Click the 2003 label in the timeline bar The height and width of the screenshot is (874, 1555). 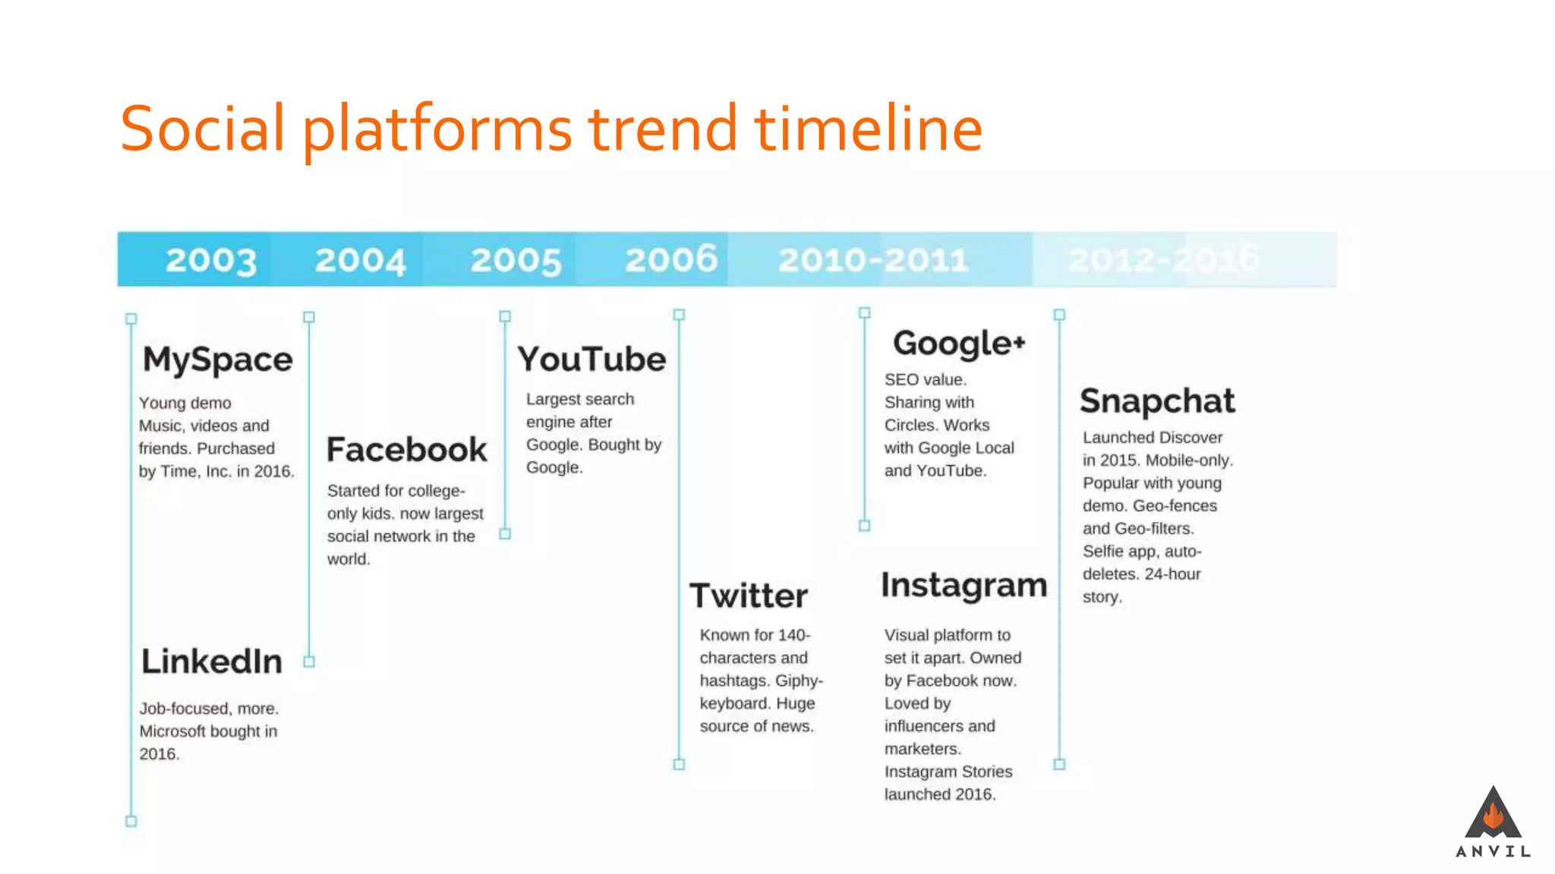click(x=211, y=260)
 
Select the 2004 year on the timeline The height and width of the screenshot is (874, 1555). click(x=361, y=260)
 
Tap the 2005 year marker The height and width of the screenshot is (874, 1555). click(x=516, y=260)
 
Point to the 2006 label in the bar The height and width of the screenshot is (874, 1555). click(x=671, y=259)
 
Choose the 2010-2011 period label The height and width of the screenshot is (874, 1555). click(x=873, y=260)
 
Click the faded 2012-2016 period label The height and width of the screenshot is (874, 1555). click(x=1163, y=259)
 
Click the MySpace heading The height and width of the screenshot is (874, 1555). click(x=218, y=360)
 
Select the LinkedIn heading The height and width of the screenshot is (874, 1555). click(x=212, y=662)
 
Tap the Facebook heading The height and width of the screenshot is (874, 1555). click(x=407, y=450)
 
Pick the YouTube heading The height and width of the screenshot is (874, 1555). click(x=592, y=360)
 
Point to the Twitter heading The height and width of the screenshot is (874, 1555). click(x=749, y=596)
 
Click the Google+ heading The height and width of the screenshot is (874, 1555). click(x=959, y=344)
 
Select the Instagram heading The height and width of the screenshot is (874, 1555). click(x=964, y=586)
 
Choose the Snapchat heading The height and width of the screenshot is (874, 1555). click(x=1157, y=401)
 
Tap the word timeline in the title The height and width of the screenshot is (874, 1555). click(x=869, y=129)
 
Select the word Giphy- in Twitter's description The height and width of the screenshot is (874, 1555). click(x=799, y=681)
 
